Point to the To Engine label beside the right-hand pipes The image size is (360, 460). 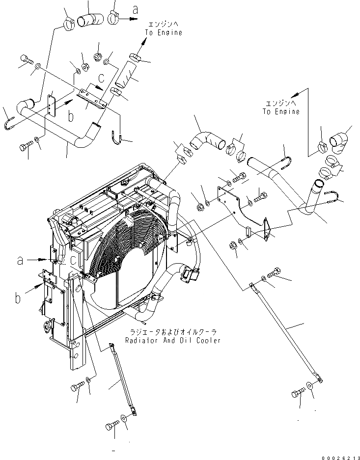[x=280, y=111]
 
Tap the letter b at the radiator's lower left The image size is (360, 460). [x=18, y=297]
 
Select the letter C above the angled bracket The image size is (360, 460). [x=101, y=77]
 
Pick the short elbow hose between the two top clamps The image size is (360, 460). [x=92, y=20]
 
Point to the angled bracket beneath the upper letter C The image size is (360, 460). [x=93, y=98]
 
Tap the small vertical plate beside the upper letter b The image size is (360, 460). [x=51, y=105]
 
